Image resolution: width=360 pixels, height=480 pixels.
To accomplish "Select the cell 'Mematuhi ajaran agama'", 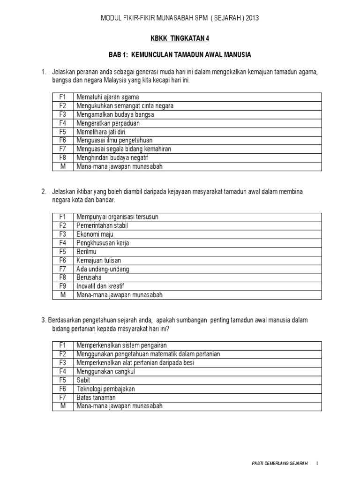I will (x=108, y=97).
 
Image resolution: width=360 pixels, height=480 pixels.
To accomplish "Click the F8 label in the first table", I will (x=62, y=157).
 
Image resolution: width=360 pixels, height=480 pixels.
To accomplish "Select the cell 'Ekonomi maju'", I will (x=95, y=234).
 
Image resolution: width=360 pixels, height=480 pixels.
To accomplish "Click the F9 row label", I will (x=62, y=286).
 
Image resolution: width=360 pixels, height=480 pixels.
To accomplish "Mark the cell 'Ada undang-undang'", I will (x=103, y=269).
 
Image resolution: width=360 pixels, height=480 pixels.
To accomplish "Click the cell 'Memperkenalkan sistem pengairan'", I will (x=122, y=345).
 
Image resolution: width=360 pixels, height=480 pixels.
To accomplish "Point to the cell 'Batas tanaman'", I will (x=96, y=397).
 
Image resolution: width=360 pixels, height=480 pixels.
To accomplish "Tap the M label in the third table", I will (x=62, y=406).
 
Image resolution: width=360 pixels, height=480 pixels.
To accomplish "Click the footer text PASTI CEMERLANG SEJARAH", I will (x=279, y=464).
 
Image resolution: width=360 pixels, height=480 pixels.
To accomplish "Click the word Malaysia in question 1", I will (x=134, y=81).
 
